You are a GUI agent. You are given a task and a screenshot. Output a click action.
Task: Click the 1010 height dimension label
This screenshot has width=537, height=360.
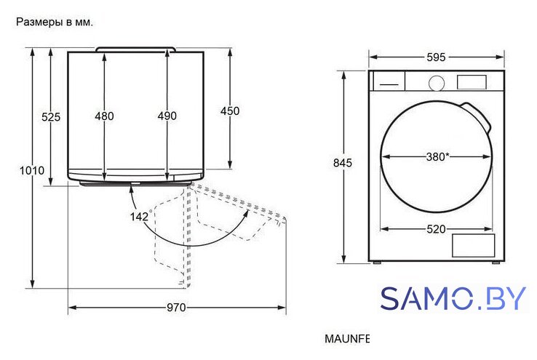pyautogui.click(x=32, y=170)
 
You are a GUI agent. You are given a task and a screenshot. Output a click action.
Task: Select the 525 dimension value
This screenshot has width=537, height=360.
pyautogui.click(x=51, y=117)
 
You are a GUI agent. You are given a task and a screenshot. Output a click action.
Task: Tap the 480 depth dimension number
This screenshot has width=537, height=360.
pyautogui.click(x=105, y=116)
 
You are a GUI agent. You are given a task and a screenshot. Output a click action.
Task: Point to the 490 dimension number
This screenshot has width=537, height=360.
pyautogui.click(x=167, y=116)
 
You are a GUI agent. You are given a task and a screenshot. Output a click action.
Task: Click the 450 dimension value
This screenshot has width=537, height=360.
pyautogui.click(x=230, y=111)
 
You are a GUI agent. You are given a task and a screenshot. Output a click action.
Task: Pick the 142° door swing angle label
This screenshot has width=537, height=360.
pyautogui.click(x=140, y=216)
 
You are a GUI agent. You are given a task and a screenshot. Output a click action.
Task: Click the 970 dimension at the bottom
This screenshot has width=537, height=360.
pyautogui.click(x=176, y=308)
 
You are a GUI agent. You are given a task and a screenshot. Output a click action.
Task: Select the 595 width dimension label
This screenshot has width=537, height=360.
pyautogui.click(x=436, y=57)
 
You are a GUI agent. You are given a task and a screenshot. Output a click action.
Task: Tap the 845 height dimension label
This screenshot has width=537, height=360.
pyautogui.click(x=343, y=163)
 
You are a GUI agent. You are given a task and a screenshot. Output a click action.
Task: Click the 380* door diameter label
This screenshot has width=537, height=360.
pyautogui.click(x=438, y=157)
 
